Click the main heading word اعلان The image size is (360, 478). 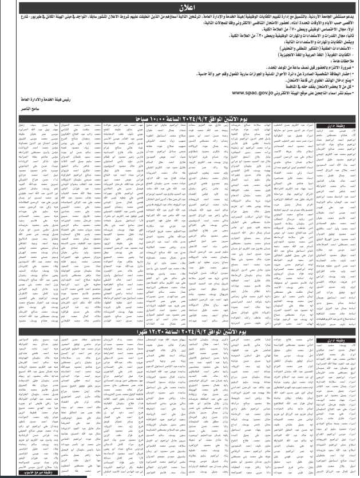tap(179, 8)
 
